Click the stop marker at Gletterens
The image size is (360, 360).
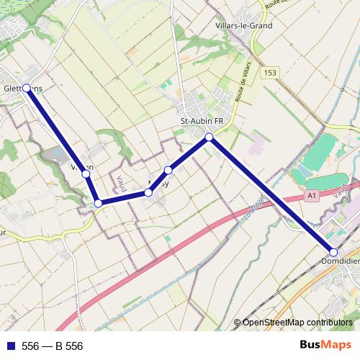click(x=27, y=88)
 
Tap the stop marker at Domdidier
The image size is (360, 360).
click(x=333, y=252)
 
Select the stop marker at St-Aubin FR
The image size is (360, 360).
click(x=209, y=137)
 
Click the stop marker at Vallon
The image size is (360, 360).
click(x=86, y=174)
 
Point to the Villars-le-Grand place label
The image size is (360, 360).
click(x=243, y=25)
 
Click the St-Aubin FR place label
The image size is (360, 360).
click(x=201, y=121)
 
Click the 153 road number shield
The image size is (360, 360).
click(x=270, y=73)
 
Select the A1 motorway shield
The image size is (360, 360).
click(x=311, y=195)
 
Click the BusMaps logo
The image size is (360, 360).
click(x=325, y=345)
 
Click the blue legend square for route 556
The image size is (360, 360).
click(x=10, y=346)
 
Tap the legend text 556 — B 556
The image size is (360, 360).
click(x=52, y=346)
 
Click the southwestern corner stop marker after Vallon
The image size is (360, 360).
click(x=98, y=204)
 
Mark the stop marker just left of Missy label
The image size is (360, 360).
click(x=148, y=192)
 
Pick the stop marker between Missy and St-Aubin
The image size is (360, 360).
click(x=168, y=171)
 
